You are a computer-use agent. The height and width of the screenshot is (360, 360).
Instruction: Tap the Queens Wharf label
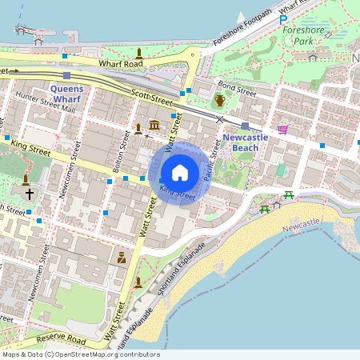(72, 94)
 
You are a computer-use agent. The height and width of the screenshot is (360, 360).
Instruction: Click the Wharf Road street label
(120, 63)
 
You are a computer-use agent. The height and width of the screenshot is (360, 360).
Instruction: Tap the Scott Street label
(151, 98)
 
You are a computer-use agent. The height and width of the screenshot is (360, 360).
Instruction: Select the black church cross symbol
(30, 194)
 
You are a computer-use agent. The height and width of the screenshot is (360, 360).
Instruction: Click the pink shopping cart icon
(282, 129)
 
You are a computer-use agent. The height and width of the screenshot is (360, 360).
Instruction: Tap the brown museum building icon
(153, 128)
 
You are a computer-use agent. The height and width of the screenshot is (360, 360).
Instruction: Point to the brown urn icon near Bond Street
(219, 101)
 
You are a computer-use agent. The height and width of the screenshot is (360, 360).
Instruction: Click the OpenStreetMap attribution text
(80, 354)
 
